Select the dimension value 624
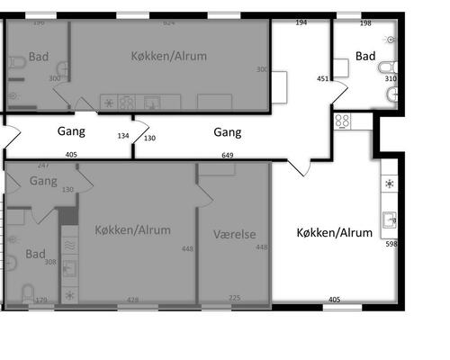pyautogui.click(x=167, y=22)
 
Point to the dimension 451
pyautogui.click(x=322, y=78)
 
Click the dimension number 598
pyautogui.click(x=391, y=244)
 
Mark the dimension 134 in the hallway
pyautogui.click(x=123, y=137)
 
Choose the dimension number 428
pyautogui.click(x=133, y=300)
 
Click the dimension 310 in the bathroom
pyautogui.click(x=391, y=78)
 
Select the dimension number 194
pyautogui.click(x=301, y=22)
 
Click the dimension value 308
pyautogui.click(x=51, y=262)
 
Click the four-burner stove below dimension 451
pyautogui.click(x=343, y=120)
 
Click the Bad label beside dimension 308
pyautogui.click(x=35, y=253)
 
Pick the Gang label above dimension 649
pyautogui.click(x=228, y=132)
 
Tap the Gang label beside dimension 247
pyautogui.click(x=43, y=181)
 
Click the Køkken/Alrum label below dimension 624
pyautogui.click(x=171, y=56)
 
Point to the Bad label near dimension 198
pyautogui.click(x=365, y=56)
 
